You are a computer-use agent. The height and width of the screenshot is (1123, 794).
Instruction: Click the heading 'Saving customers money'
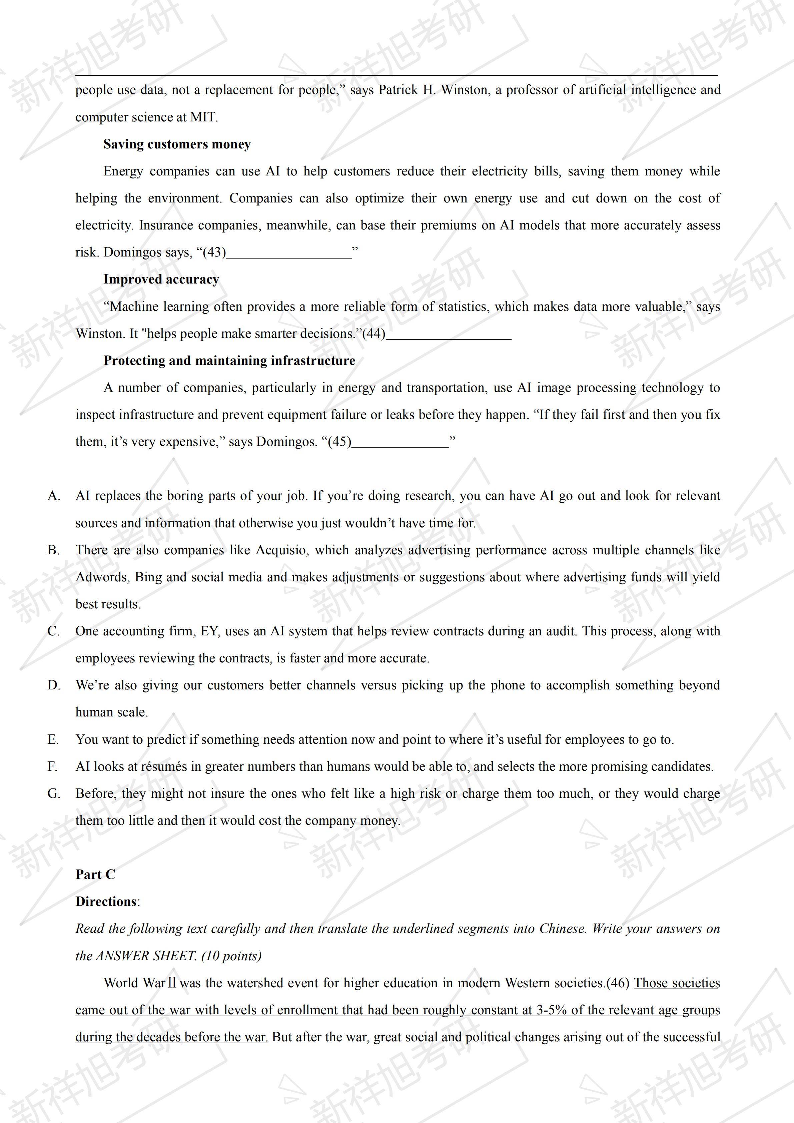point(177,144)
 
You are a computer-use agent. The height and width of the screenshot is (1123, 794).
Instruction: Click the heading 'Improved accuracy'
point(161,279)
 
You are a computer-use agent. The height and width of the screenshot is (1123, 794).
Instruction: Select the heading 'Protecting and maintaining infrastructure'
point(229,361)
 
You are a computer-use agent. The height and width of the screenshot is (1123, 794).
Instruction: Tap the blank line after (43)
point(289,253)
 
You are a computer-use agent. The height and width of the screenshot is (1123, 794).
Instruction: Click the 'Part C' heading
point(95,875)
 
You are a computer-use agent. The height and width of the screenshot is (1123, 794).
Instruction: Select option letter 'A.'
point(54,496)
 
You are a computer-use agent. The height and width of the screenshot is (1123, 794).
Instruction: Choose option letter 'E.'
point(53,739)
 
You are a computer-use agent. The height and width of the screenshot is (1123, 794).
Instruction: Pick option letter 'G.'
point(54,793)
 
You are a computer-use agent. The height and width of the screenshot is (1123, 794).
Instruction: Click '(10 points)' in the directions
point(231,956)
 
